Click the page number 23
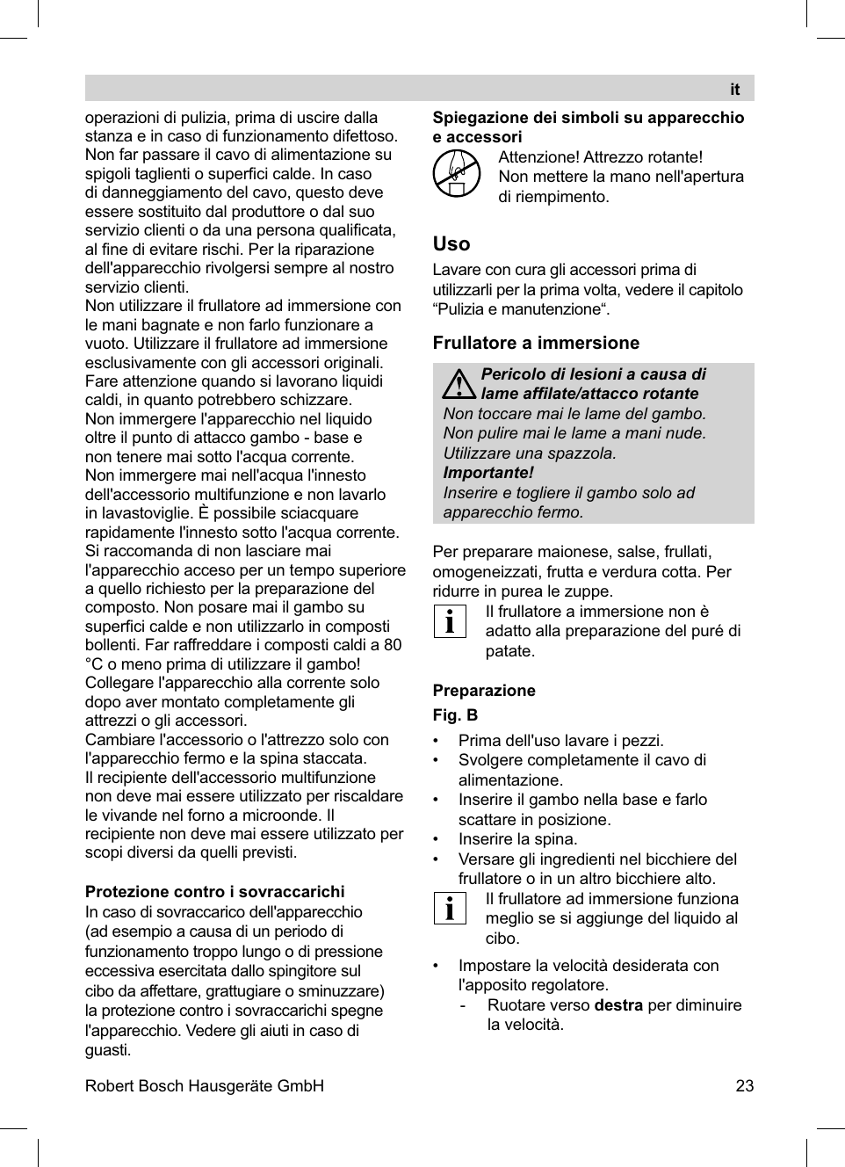(x=744, y=1086)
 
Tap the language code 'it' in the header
(x=734, y=90)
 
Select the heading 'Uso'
(x=451, y=244)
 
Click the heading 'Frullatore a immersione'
(x=536, y=343)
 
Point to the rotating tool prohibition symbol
(x=457, y=173)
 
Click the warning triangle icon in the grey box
(x=459, y=384)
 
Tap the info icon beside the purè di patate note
(x=450, y=621)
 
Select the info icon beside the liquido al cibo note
(x=450, y=908)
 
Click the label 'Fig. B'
(x=455, y=715)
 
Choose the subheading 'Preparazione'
(x=484, y=691)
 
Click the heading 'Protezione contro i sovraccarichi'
(x=215, y=892)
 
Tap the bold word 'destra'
(x=618, y=1005)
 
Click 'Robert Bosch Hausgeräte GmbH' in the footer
(x=205, y=1086)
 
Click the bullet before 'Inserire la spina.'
(x=437, y=839)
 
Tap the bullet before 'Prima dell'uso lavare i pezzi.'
(x=437, y=741)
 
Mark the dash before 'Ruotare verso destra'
(x=463, y=1005)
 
